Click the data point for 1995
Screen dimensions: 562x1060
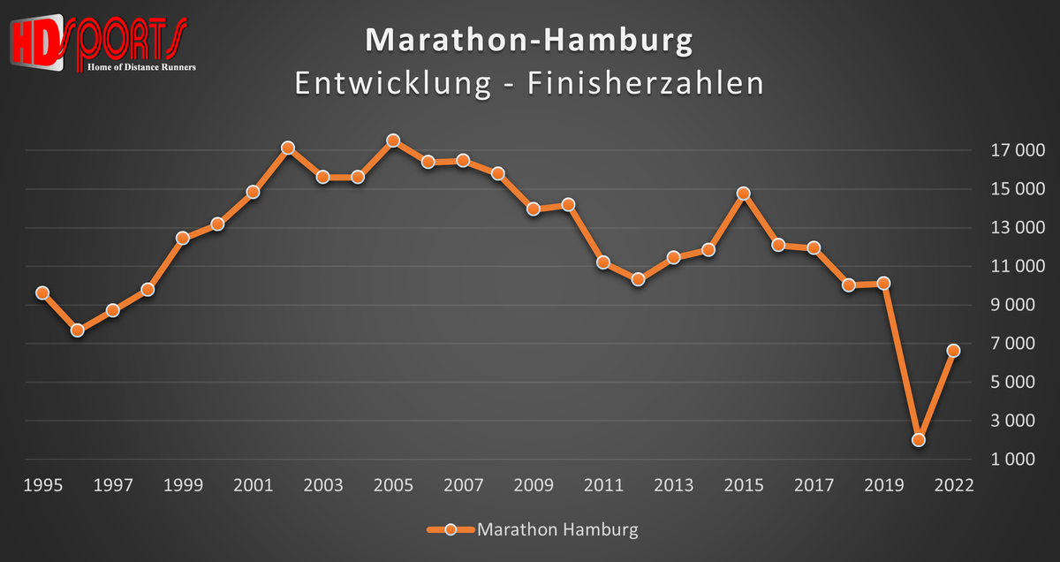point(42,292)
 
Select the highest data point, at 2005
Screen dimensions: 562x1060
point(393,140)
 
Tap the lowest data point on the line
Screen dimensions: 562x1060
point(919,439)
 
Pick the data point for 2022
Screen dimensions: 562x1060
point(954,350)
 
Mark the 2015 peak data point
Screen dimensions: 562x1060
point(744,193)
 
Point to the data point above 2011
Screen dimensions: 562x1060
point(603,262)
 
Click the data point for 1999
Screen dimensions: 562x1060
point(183,238)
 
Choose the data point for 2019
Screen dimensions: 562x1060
point(883,284)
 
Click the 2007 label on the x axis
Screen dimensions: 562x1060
point(464,486)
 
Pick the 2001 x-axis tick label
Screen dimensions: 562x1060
point(253,486)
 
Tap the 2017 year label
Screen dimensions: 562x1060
point(814,486)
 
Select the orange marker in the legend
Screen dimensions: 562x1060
point(450,530)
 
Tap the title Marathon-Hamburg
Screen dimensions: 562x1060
point(529,41)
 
